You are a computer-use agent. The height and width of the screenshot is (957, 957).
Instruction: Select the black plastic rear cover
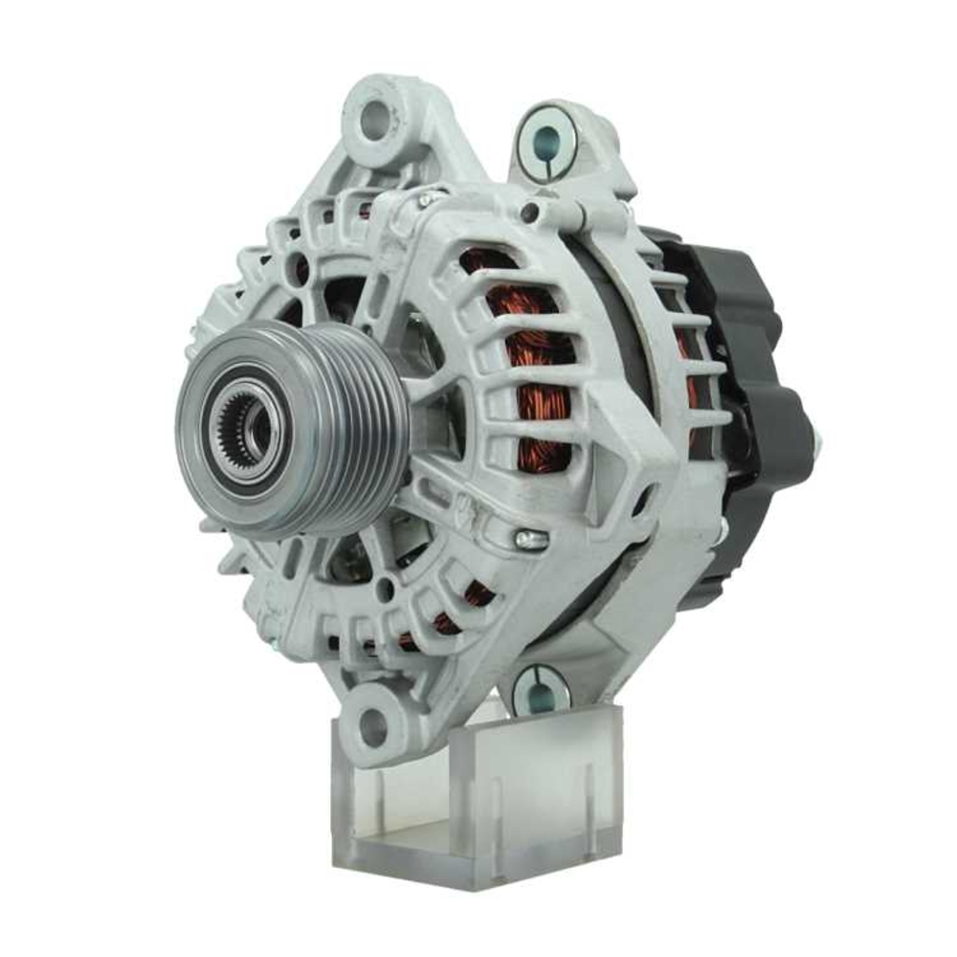click(x=756, y=383)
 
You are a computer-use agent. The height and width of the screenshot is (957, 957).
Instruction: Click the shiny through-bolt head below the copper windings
click(x=531, y=541)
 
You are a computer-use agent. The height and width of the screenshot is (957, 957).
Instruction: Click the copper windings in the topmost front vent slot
click(x=488, y=263)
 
